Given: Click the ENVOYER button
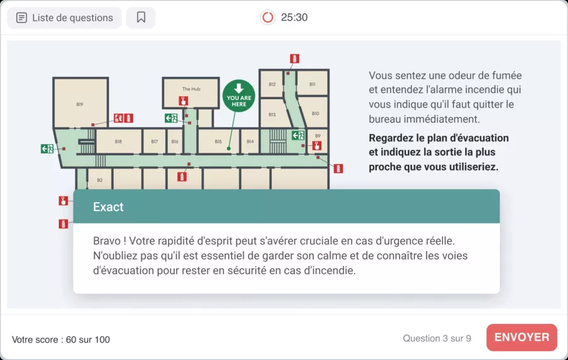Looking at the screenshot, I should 521,337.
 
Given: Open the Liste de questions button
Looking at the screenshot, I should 64,18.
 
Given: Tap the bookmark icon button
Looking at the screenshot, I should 141,18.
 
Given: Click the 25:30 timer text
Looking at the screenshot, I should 294,18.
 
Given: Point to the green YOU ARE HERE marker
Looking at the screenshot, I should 239,95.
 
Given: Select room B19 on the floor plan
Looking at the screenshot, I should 80,104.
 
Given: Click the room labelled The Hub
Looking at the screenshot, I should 191,89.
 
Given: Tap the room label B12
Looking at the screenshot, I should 272,84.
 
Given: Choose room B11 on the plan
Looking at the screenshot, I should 312,84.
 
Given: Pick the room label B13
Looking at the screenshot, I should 272,114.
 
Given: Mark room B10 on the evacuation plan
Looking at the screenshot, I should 315,114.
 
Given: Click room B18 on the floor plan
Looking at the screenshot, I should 118,141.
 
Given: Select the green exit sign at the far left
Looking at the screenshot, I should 47,149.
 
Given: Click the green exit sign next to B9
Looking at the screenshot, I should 298,135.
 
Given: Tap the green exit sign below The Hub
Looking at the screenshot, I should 170,118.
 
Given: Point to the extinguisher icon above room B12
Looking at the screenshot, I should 294,59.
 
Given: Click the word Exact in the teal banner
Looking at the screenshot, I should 108,207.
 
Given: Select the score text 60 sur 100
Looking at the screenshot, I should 88,340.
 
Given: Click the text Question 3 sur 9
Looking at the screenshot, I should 437,339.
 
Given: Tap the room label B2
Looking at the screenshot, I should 100,180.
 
